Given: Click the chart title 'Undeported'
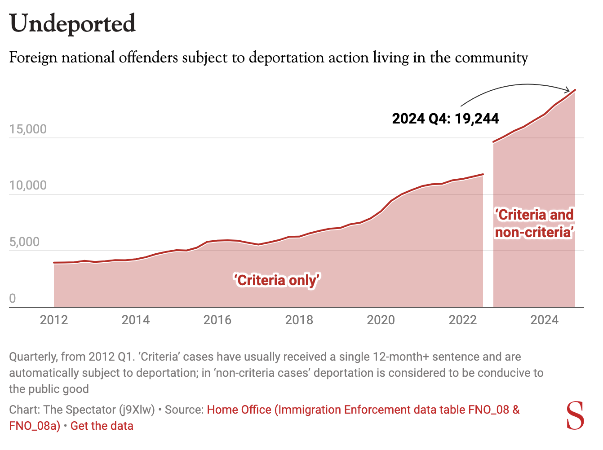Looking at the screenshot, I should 72,24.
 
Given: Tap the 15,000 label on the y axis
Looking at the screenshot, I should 28,129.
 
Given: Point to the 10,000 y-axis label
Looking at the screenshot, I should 28,185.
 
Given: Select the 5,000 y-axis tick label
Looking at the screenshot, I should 24,242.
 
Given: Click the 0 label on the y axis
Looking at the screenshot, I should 13,298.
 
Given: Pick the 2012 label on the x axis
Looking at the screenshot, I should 54,320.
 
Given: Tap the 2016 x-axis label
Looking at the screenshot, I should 217,320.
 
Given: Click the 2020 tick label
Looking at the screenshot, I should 381,320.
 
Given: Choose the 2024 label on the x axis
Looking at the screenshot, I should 544,320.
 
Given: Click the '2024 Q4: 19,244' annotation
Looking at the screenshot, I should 445,119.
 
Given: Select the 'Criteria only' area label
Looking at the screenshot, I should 277,280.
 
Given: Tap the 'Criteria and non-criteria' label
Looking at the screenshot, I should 534,223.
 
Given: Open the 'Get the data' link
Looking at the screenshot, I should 102,426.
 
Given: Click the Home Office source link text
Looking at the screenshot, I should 363,410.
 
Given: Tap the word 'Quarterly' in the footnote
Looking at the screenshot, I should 33,357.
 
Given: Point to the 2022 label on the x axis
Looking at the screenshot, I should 463,320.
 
